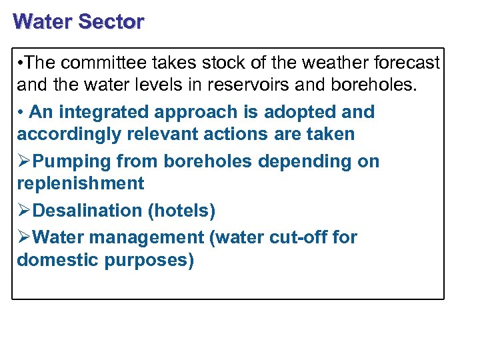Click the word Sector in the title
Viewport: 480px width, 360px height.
(111, 21)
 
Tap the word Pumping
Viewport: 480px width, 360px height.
(71, 161)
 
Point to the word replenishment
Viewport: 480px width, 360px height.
(81, 183)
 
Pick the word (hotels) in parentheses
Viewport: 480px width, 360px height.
(181, 211)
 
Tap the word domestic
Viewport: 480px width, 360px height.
(57, 259)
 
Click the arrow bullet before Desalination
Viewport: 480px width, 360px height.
(24, 211)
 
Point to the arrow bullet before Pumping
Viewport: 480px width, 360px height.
(24, 161)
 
